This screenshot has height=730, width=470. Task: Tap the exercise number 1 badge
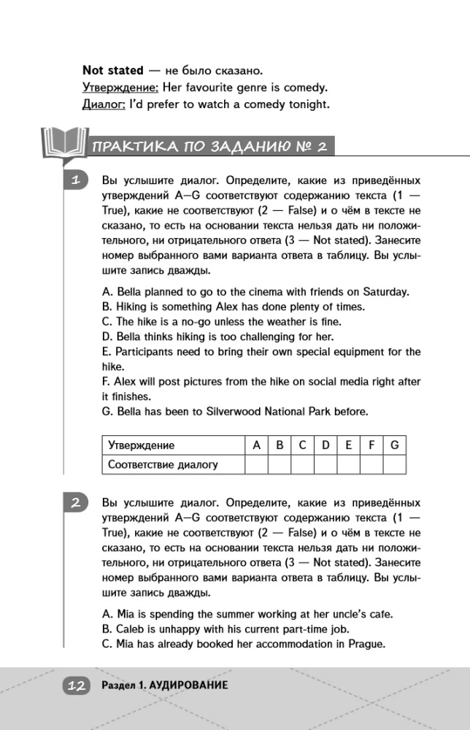pos(75,180)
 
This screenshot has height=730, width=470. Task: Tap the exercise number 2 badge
pos(75,502)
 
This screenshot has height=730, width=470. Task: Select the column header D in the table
pos(325,445)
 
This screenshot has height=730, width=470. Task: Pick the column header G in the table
pos(394,445)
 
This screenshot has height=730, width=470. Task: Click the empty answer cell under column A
pos(256,464)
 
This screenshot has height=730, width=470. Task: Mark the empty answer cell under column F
pos(371,464)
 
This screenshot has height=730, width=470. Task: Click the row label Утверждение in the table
pos(141,445)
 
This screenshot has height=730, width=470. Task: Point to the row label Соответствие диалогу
pos(162,464)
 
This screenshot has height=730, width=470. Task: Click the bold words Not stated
pos(113,71)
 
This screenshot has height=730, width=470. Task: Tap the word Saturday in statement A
pos(385,291)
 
